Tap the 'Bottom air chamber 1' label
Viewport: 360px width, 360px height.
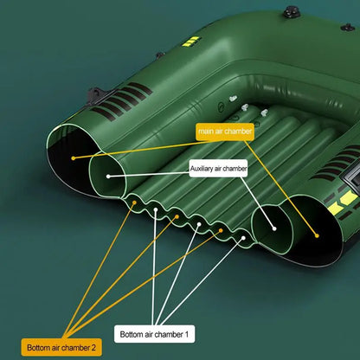click(x=157, y=332)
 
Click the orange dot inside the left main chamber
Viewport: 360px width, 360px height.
click(x=74, y=157)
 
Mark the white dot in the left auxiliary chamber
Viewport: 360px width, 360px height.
click(x=108, y=176)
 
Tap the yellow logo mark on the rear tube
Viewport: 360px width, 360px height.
click(x=192, y=41)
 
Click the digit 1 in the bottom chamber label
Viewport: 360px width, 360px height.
click(x=193, y=332)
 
